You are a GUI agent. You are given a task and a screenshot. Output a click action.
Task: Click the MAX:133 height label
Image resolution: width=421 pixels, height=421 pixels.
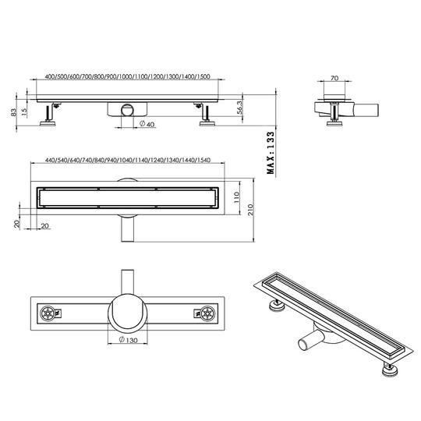tap(271, 153)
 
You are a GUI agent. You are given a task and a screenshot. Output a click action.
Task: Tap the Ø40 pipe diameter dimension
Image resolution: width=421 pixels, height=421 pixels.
tap(147, 124)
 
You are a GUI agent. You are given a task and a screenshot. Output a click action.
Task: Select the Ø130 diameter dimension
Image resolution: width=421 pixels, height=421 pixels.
tap(128, 340)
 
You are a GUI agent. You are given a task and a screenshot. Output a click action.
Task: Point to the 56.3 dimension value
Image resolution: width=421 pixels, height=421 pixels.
tap(240, 108)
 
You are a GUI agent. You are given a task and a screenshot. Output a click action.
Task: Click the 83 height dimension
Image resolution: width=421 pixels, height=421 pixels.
tap(13, 112)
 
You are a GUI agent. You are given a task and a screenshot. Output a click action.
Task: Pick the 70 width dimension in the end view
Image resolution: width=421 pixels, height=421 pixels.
tap(334, 78)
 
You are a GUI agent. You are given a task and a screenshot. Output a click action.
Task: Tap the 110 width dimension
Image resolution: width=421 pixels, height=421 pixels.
tap(236, 197)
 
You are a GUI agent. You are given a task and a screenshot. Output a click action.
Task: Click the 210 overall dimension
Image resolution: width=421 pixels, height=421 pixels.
tap(250, 210)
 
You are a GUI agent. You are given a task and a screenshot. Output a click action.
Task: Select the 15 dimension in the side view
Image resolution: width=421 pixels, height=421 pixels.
tap(24, 112)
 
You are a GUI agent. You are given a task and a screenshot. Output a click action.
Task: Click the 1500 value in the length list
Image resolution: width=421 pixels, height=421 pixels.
tap(203, 76)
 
